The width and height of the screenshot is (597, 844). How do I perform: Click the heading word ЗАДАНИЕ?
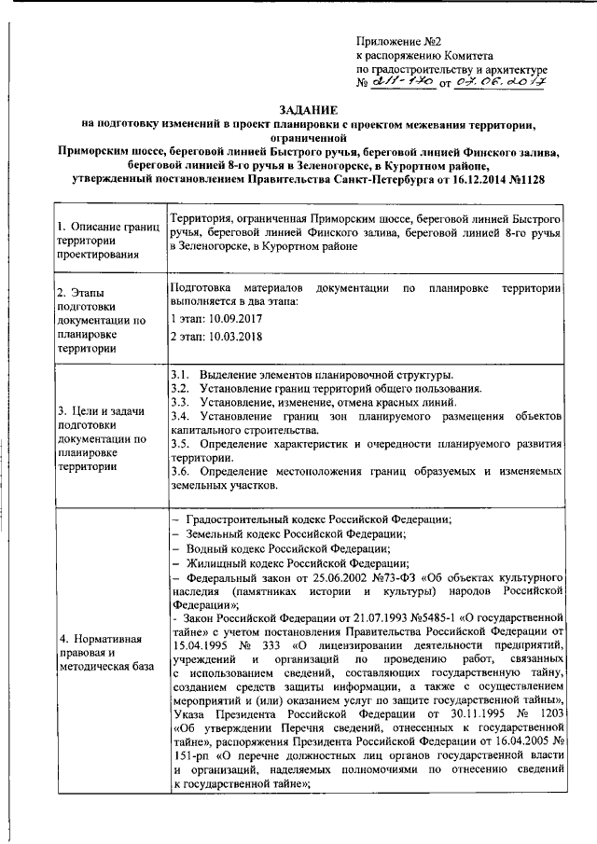[298, 109]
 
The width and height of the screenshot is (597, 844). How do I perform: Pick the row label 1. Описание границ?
[101, 227]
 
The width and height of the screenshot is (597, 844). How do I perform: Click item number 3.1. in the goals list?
[181, 374]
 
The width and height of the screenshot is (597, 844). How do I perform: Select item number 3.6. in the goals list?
[181, 472]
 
